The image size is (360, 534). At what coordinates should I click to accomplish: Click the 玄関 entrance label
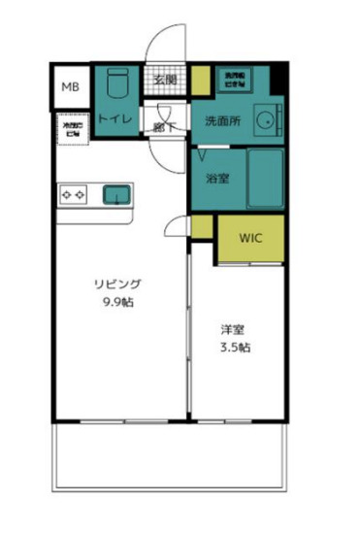click(x=164, y=80)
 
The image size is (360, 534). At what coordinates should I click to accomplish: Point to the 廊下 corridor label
click(x=164, y=124)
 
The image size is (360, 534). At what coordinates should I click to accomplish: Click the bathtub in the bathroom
click(x=264, y=178)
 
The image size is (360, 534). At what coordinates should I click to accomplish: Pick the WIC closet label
click(x=250, y=236)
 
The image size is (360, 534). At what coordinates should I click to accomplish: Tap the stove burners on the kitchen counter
click(x=72, y=194)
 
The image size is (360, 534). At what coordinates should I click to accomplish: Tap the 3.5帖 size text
click(x=233, y=347)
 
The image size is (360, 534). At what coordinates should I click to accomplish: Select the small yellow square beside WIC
click(x=201, y=227)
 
